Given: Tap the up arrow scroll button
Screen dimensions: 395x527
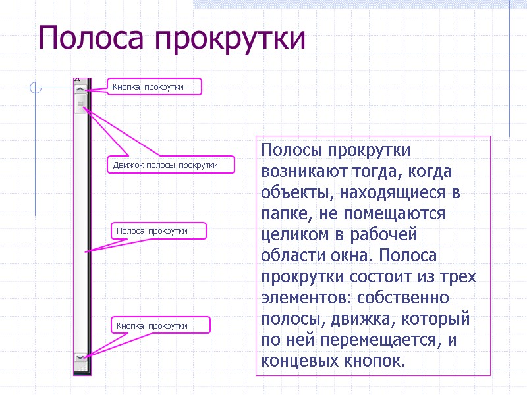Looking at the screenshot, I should pos(80,88).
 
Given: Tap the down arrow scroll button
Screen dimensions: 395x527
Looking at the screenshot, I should pos(80,357).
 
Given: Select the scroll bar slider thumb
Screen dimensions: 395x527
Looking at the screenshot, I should pos(80,104).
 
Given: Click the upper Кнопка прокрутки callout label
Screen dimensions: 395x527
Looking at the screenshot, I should pos(154,87).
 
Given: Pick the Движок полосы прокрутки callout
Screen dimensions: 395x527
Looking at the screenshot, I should pos(170,165).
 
